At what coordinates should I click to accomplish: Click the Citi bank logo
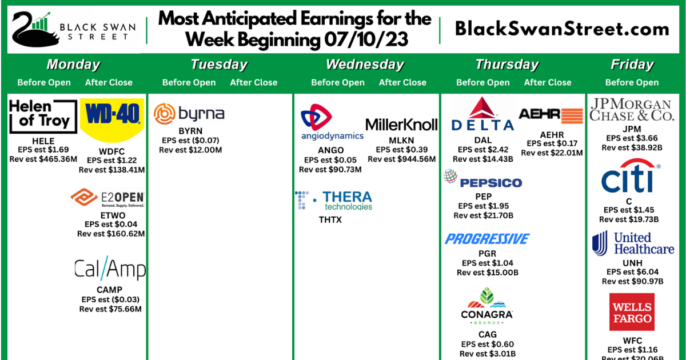[629, 178]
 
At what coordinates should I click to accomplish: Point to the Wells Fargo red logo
[632, 312]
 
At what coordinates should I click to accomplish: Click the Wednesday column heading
[365, 65]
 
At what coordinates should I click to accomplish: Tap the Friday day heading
[632, 65]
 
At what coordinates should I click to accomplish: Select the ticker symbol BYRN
[190, 131]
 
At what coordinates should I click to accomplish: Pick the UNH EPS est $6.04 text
[632, 272]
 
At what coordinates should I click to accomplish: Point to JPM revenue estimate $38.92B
[632, 147]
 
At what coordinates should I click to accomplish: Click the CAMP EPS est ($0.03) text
[110, 299]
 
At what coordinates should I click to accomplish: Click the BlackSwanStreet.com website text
[562, 29]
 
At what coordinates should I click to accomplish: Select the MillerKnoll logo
[401, 124]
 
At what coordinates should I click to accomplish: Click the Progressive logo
[487, 239]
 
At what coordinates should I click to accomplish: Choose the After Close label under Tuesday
[254, 82]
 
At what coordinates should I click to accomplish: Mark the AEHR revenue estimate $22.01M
[552, 153]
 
